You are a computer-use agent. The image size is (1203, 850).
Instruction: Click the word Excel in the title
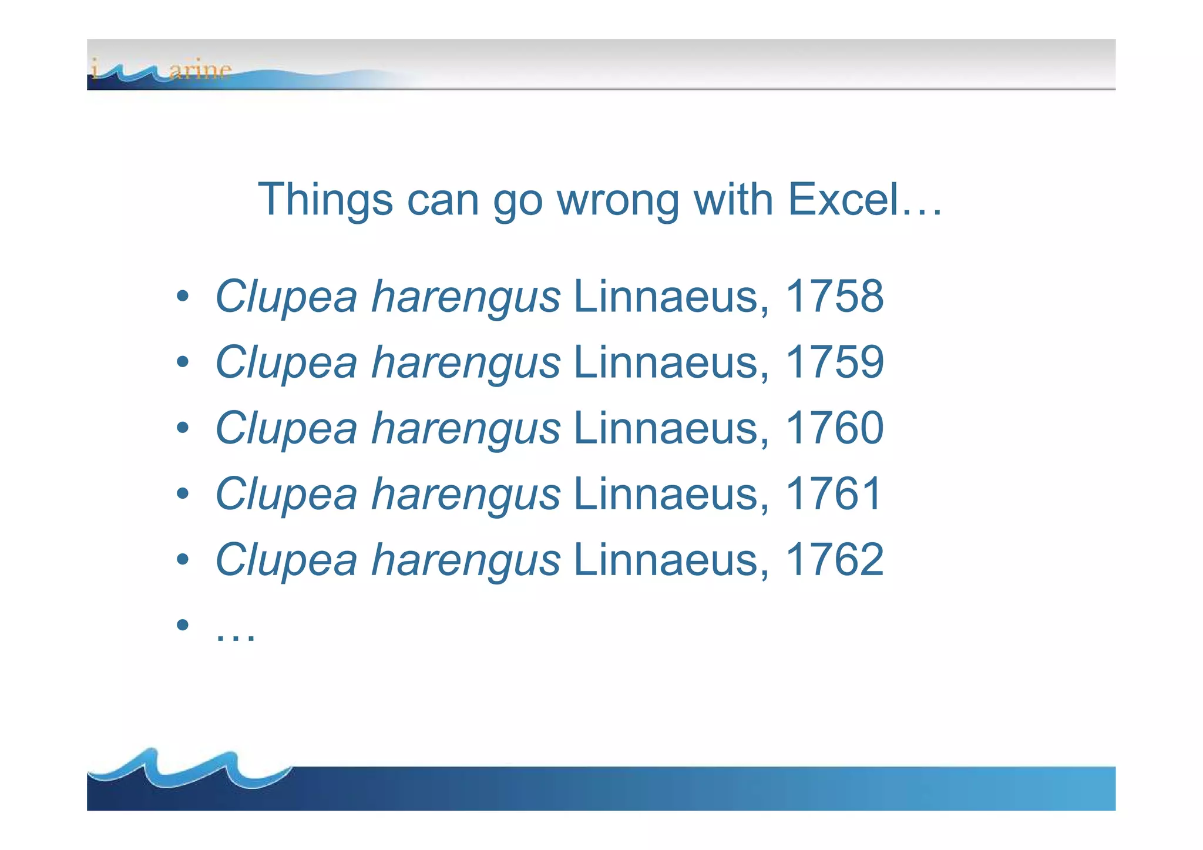[843, 200]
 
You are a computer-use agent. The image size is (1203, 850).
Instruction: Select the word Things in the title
[325, 200]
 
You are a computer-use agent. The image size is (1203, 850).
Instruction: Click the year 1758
[834, 296]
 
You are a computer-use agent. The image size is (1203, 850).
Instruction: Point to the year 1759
[834, 362]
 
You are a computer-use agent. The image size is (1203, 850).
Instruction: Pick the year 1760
[834, 428]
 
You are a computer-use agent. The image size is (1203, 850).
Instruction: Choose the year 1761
[833, 493]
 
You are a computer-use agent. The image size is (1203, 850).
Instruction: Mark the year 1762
[834, 559]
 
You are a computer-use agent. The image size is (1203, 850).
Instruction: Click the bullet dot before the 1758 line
[183, 296]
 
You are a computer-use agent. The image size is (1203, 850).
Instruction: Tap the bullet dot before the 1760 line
[183, 428]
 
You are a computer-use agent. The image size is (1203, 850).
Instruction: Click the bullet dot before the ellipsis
[183, 624]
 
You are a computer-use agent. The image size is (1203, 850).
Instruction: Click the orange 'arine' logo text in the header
[200, 70]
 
